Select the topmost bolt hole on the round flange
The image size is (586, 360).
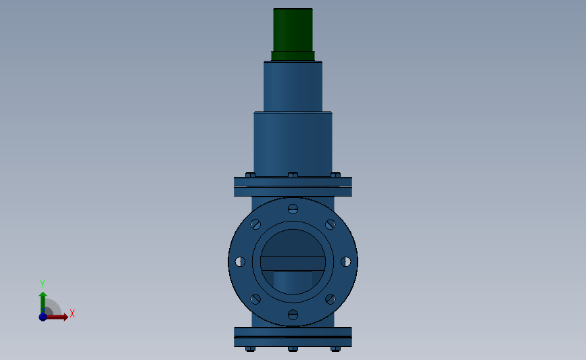(293, 208)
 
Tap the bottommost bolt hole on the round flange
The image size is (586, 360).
(293, 314)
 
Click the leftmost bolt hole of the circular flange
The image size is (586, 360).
(240, 261)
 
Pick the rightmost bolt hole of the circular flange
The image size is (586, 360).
(345, 261)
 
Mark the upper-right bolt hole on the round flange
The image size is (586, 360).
(330, 224)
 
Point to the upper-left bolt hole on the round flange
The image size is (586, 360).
(255, 224)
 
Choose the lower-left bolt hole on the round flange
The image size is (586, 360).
(255, 299)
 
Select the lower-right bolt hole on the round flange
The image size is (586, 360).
(330, 299)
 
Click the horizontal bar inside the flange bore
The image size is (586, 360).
(293, 263)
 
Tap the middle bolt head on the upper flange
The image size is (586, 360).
(293, 175)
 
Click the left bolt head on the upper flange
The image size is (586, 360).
(250, 175)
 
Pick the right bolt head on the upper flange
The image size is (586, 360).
(335, 175)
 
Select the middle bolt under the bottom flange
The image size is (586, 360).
(293, 349)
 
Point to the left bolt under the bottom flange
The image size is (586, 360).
(250, 349)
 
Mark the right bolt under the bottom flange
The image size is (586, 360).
(335, 349)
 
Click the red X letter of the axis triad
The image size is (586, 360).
(72, 313)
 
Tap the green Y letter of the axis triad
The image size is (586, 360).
(42, 284)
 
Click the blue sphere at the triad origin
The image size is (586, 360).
(43, 317)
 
